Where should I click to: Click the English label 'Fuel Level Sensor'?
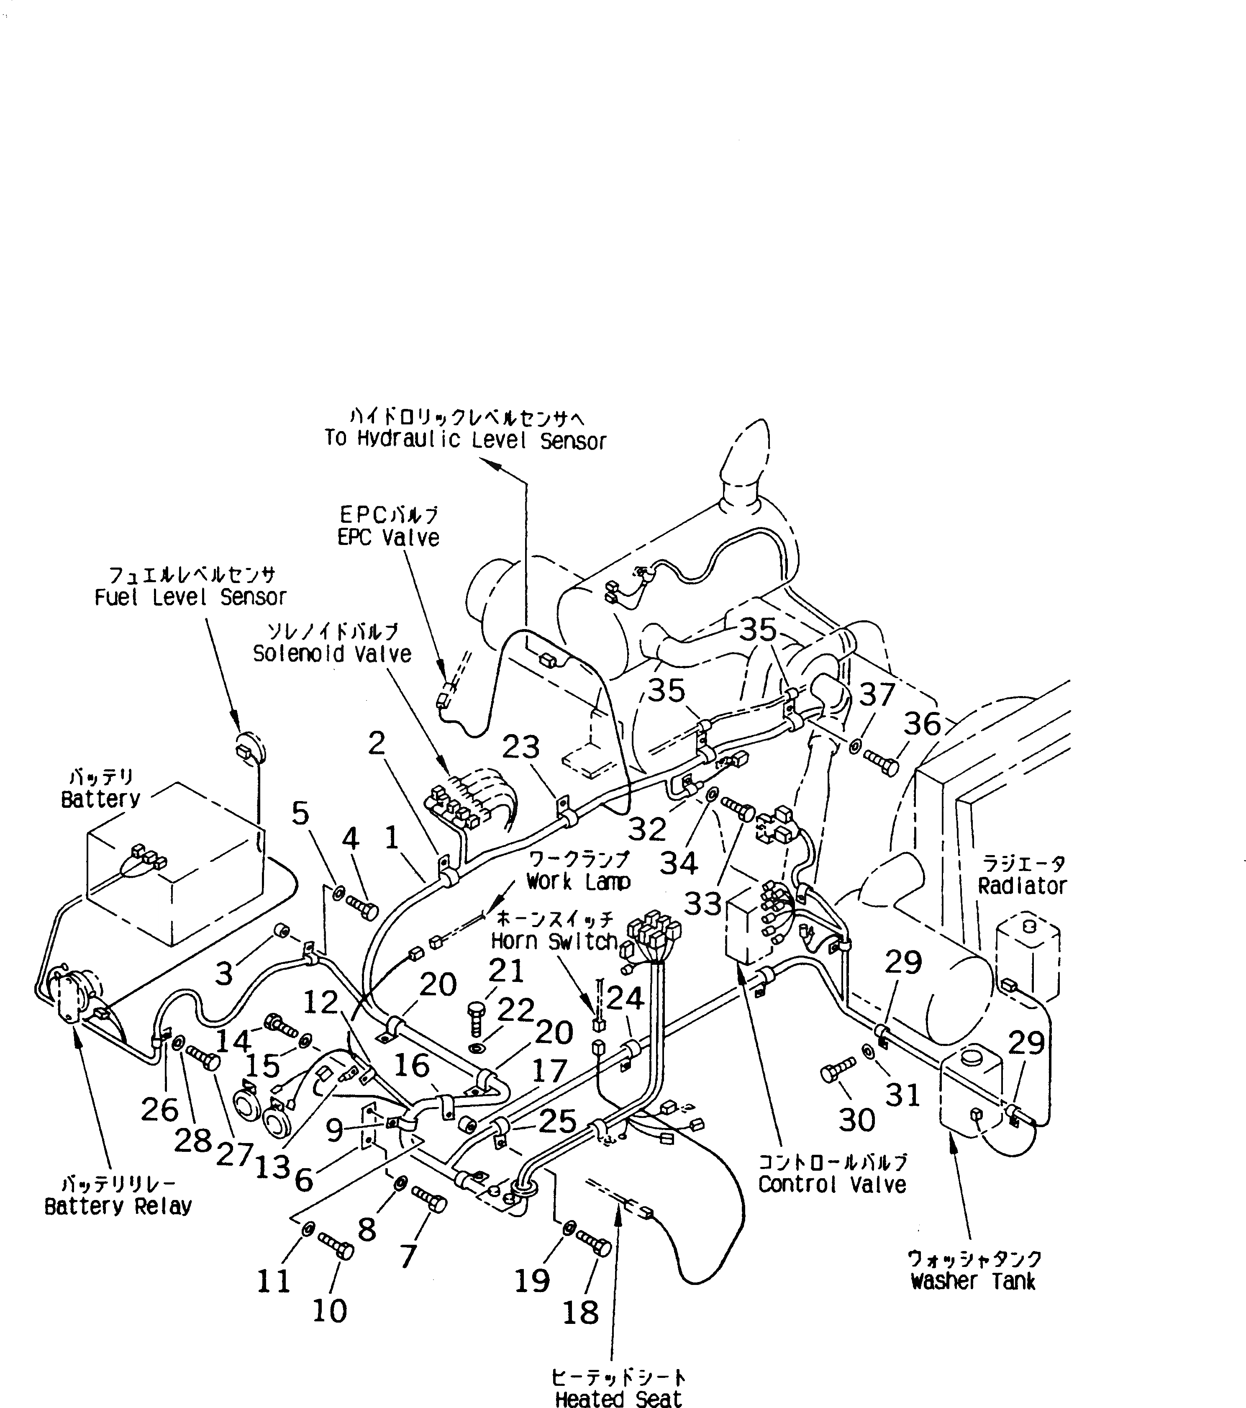(190, 597)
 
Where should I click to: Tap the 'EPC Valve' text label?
(388, 537)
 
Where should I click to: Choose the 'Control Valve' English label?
(832, 1185)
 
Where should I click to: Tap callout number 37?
(876, 694)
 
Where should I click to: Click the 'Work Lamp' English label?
(578, 882)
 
